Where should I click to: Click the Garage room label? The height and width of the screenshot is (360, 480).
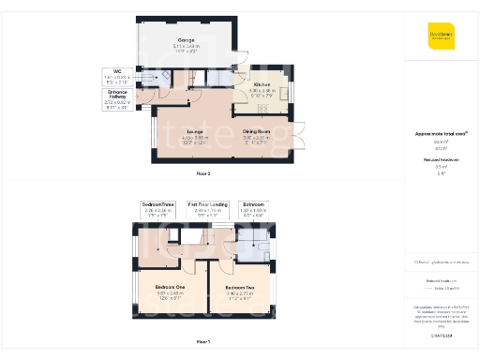(x=187, y=42)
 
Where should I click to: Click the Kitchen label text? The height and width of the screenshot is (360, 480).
(x=260, y=89)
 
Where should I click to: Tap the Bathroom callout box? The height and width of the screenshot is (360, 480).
(x=253, y=208)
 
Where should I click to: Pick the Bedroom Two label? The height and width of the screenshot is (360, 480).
(x=241, y=291)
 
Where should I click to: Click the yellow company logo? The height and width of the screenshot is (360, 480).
(x=441, y=37)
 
